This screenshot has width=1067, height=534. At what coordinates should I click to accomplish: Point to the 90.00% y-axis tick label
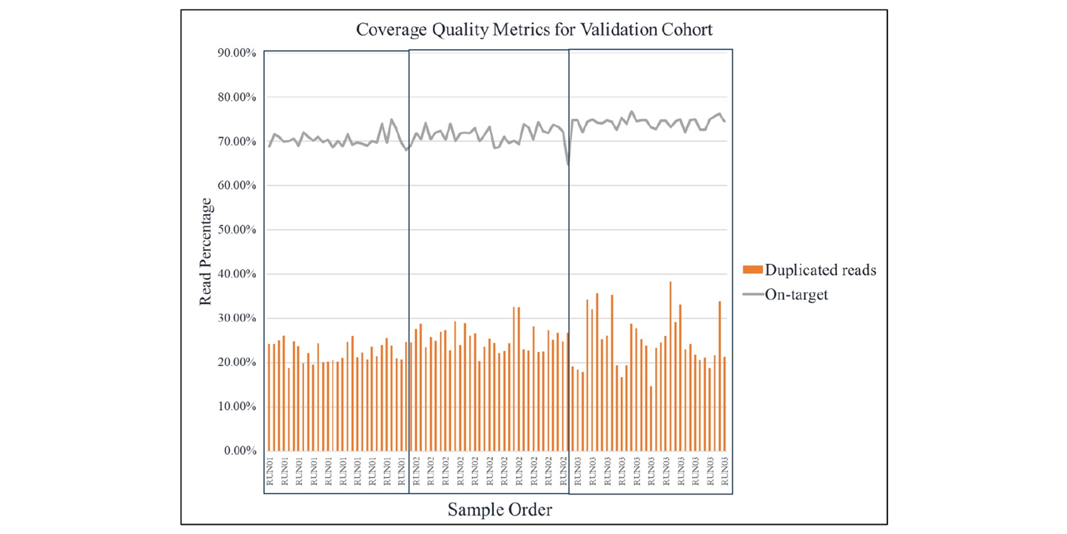[237, 53]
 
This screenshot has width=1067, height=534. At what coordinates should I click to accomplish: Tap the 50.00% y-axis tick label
[237, 230]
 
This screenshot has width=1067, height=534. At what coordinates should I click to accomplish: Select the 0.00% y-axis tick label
[240, 450]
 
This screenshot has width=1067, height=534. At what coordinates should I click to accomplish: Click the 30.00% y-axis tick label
[237, 318]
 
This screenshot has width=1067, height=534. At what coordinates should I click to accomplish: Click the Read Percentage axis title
[206, 252]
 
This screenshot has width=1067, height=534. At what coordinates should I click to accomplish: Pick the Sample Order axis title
[499, 509]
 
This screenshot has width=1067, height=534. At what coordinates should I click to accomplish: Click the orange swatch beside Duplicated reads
[752, 270]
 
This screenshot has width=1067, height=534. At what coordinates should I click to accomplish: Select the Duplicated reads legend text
[820, 270]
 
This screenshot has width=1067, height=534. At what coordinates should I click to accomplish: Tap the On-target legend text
[796, 294]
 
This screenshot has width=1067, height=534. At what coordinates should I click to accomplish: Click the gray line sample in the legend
[753, 294]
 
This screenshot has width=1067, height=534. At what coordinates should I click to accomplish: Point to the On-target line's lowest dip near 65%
[568, 165]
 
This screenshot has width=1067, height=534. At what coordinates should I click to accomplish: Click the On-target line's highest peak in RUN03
[632, 112]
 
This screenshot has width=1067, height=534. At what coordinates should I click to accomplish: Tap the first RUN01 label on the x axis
[270, 472]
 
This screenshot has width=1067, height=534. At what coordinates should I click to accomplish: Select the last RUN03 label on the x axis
[724, 472]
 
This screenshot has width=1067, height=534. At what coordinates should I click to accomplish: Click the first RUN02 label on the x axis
[416, 472]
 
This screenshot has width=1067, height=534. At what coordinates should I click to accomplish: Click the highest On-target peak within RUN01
[392, 119]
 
